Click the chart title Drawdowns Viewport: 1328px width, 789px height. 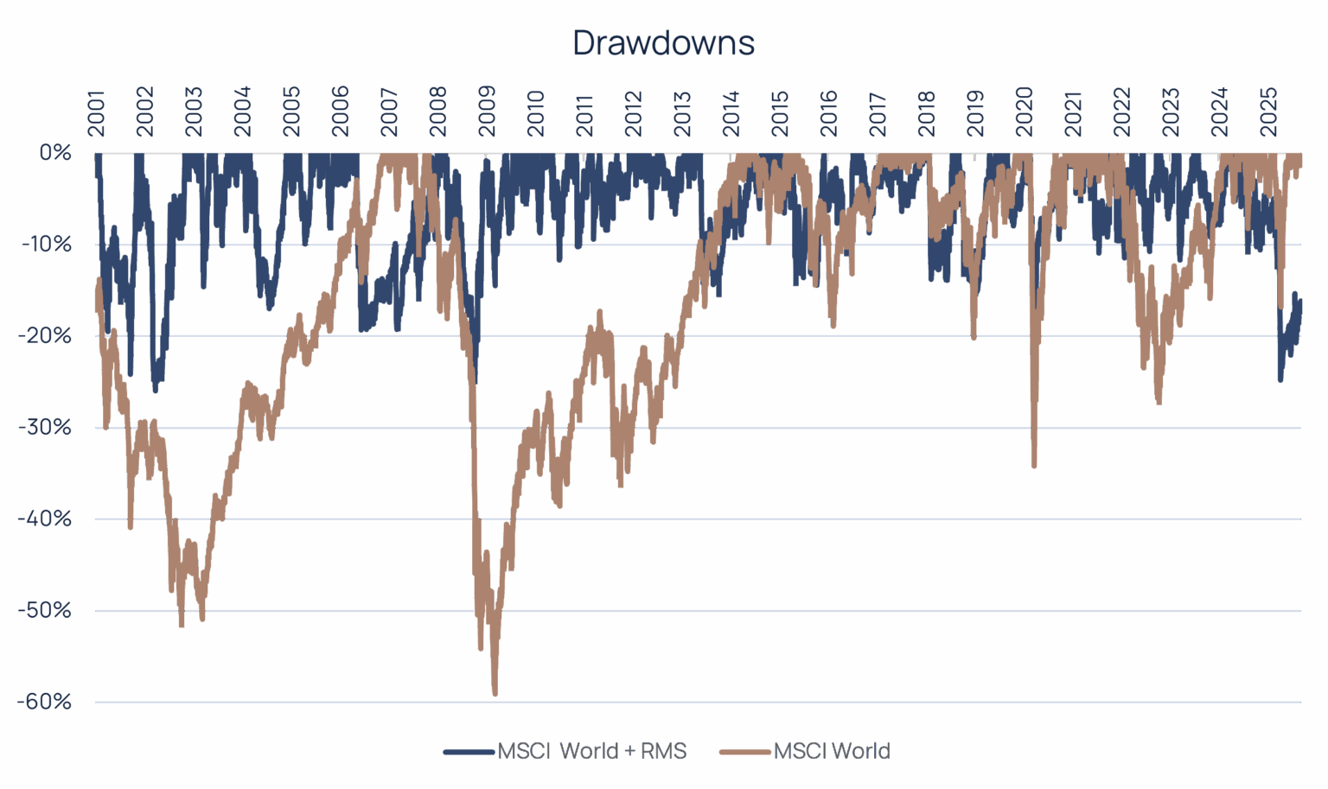(663, 42)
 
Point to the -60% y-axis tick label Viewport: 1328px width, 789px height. (43, 702)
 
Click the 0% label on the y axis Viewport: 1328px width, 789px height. (54, 153)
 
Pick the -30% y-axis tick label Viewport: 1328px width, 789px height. (43, 428)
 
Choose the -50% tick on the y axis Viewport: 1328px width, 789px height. (43, 610)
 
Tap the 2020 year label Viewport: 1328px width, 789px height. (1025, 112)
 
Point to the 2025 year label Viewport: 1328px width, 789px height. (1268, 112)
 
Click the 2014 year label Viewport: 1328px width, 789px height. (731, 112)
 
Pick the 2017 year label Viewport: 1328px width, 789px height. (878, 112)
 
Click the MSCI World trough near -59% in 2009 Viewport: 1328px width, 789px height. (495, 694)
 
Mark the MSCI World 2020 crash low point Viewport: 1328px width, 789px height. (1034, 467)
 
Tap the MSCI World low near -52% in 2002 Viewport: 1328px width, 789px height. (182, 625)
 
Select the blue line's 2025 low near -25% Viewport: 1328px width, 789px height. (1280, 380)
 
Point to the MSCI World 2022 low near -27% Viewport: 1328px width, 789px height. (1159, 403)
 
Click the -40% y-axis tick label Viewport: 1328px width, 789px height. (43, 519)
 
